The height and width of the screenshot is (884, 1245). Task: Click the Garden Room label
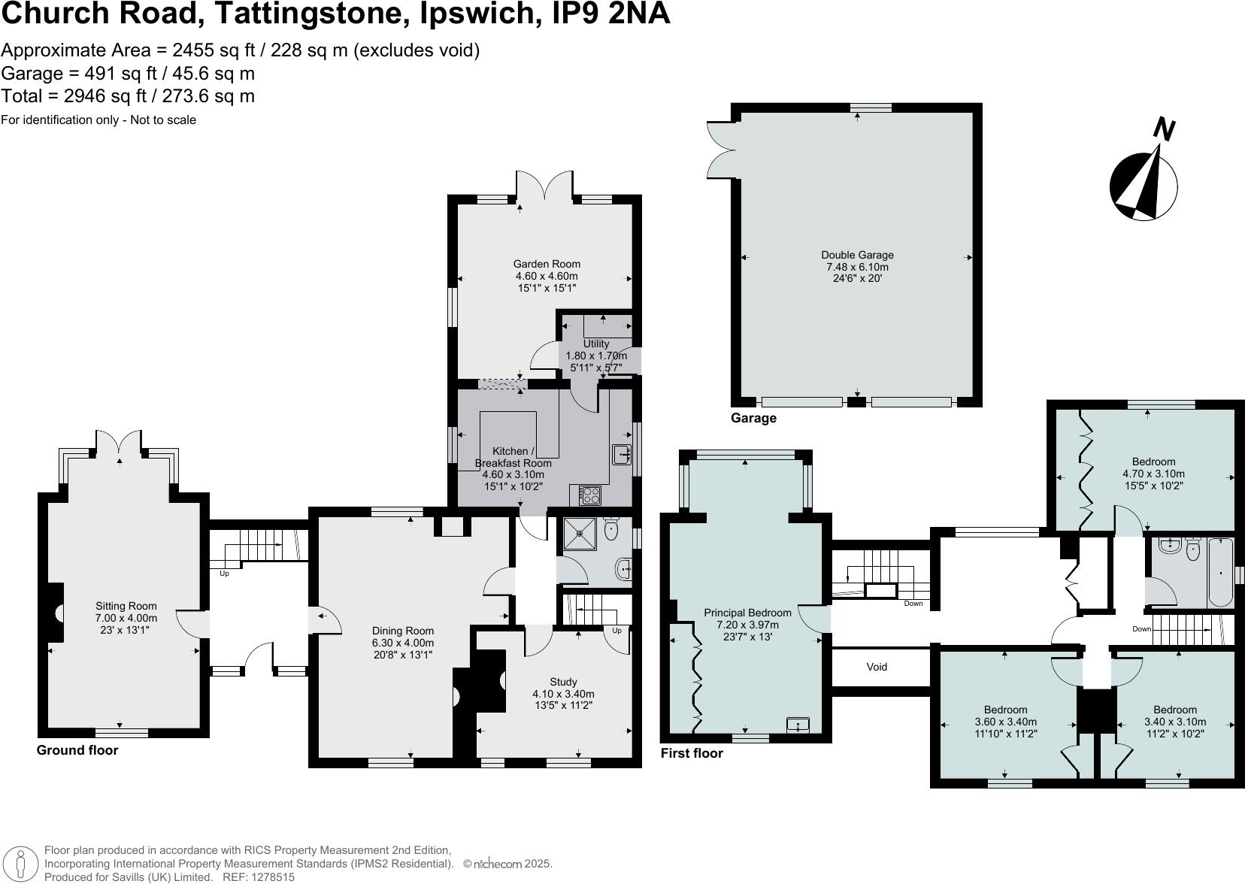click(547, 264)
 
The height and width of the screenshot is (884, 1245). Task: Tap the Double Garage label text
click(857, 256)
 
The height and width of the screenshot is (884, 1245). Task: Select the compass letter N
click(1164, 129)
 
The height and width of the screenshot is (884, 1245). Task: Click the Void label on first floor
click(877, 667)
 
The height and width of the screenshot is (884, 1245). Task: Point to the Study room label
click(563, 682)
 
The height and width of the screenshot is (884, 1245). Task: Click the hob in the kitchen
click(590, 495)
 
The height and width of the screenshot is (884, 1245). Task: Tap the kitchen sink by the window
click(621, 455)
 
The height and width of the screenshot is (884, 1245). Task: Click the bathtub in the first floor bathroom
click(1219, 573)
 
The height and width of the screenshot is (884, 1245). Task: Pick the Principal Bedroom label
click(747, 613)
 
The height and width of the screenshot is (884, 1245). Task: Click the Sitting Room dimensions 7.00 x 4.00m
click(126, 618)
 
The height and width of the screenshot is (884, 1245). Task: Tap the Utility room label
click(596, 344)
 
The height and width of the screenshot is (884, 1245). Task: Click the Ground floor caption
click(77, 750)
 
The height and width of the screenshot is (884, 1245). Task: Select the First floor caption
click(692, 753)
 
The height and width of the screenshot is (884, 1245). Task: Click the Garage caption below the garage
click(753, 418)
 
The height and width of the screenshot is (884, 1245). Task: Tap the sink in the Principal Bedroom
click(797, 725)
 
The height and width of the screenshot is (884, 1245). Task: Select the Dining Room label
click(403, 631)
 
